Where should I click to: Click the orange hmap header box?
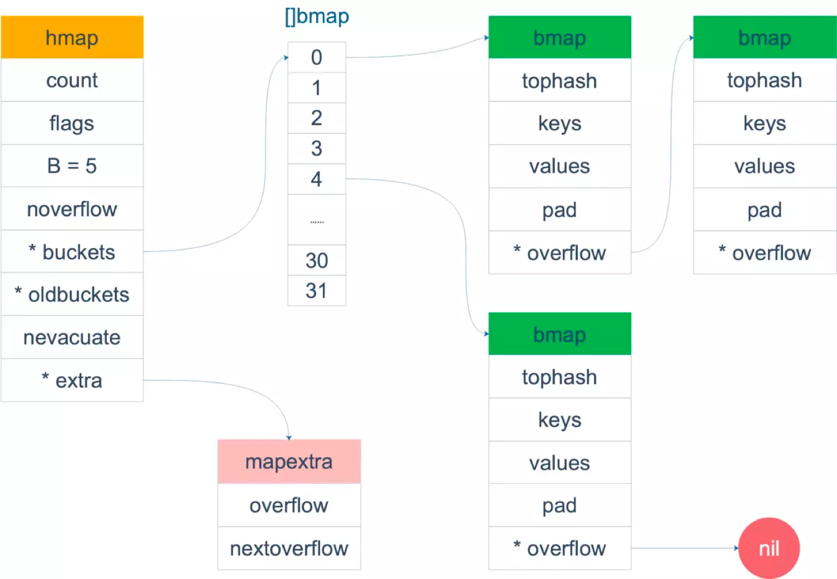pyautogui.click(x=72, y=37)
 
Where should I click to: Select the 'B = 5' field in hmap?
pyautogui.click(x=72, y=166)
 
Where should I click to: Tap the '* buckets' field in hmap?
pyautogui.click(x=72, y=252)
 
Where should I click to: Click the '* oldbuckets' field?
pyautogui.click(x=72, y=294)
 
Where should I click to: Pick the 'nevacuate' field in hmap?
pyautogui.click(x=72, y=337)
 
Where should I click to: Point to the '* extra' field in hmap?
pyautogui.click(x=72, y=381)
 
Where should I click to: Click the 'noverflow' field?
pyautogui.click(x=72, y=209)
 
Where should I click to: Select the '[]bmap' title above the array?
pyautogui.click(x=316, y=16)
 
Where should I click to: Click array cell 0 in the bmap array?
pyautogui.click(x=316, y=57)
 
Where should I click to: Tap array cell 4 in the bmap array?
pyautogui.click(x=316, y=179)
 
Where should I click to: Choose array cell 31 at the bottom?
pyautogui.click(x=316, y=290)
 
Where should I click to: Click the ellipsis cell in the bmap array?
pyautogui.click(x=316, y=220)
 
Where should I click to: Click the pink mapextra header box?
pyautogui.click(x=289, y=461)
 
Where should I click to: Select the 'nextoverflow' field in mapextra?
pyautogui.click(x=289, y=548)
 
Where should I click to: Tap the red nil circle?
pyautogui.click(x=769, y=548)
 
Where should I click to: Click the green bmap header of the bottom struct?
pyautogui.click(x=560, y=334)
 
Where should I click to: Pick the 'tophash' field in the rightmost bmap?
pyautogui.click(x=764, y=80)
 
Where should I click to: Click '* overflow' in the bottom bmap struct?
pyautogui.click(x=560, y=548)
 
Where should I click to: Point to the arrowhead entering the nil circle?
pyautogui.click(x=735, y=548)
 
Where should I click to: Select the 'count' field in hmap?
pyautogui.click(x=72, y=80)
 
